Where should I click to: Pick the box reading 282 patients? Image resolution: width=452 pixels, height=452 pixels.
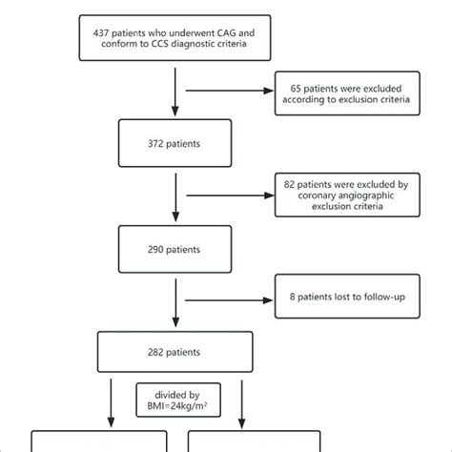click(x=175, y=351)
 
